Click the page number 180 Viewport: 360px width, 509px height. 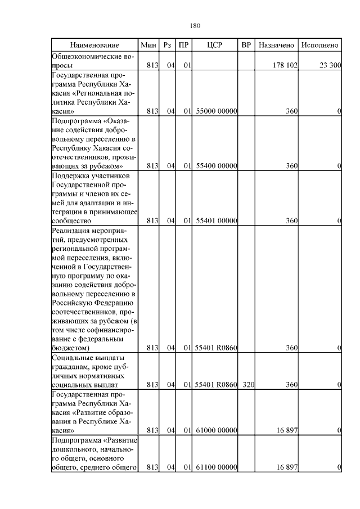(x=196, y=26)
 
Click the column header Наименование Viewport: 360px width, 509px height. (x=95, y=44)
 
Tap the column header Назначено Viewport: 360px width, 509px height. (x=276, y=44)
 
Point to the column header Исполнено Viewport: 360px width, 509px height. (x=319, y=44)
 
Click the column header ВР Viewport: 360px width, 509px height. (x=245, y=44)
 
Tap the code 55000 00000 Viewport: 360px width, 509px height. (x=216, y=111)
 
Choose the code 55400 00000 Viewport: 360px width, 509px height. (x=216, y=166)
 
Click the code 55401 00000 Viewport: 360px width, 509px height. (x=216, y=220)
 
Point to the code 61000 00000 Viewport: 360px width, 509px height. (x=216, y=430)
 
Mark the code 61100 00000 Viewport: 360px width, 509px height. (x=216, y=467)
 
